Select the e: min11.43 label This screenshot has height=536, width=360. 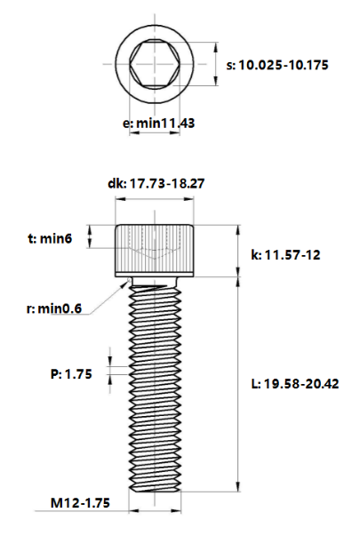tap(157, 123)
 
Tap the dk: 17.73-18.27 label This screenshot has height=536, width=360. tap(156, 184)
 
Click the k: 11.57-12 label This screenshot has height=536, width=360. tap(286, 255)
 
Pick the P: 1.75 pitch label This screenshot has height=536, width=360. tap(71, 374)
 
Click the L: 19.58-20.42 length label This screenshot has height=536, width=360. tap(295, 384)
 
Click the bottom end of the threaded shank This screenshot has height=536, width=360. tap(157, 486)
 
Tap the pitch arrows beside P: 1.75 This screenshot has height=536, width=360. tap(110, 373)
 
